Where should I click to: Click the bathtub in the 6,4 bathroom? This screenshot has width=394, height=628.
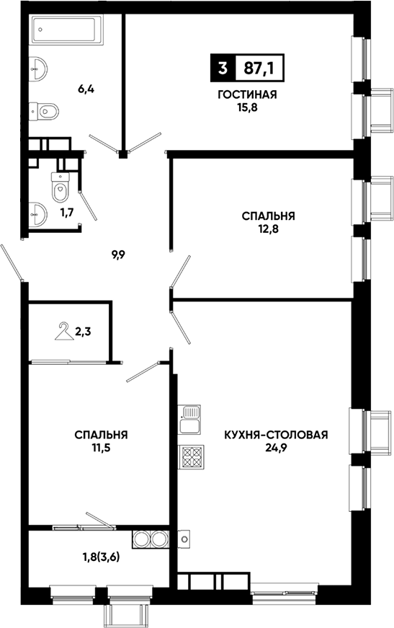(68, 29)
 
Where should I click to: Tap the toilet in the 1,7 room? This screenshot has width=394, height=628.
(61, 187)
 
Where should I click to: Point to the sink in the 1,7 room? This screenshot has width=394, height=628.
(37, 214)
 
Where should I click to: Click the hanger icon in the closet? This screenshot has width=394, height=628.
(64, 331)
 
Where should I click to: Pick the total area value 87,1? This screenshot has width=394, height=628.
(259, 68)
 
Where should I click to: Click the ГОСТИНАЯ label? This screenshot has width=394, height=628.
(247, 95)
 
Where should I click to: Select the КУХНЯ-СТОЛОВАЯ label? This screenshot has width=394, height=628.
(276, 435)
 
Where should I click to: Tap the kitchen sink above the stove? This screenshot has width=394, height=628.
(189, 419)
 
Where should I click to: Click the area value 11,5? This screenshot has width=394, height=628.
(100, 448)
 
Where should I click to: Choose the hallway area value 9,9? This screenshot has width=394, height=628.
(119, 254)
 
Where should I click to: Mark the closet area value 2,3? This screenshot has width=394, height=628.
(83, 332)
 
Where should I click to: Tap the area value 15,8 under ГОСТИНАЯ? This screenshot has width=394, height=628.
(247, 108)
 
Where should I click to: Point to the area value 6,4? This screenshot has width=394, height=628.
(86, 89)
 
